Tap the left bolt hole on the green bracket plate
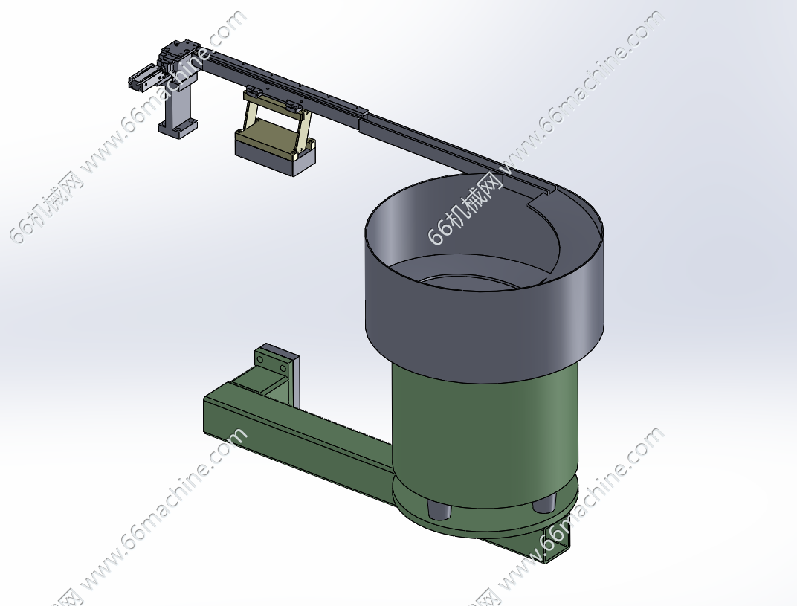click(260, 360)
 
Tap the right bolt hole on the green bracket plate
click(281, 367)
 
